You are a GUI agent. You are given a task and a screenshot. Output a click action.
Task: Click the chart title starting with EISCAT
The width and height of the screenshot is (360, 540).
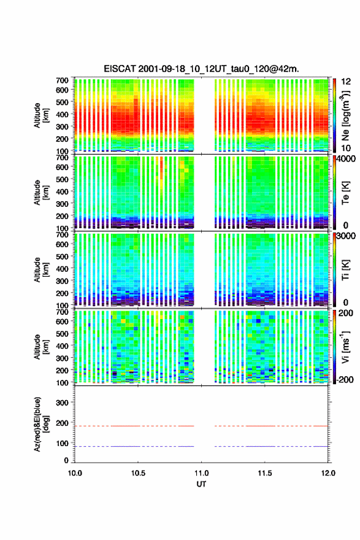[201, 69]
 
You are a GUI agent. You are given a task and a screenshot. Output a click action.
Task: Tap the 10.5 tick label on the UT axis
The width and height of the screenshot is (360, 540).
[138, 473]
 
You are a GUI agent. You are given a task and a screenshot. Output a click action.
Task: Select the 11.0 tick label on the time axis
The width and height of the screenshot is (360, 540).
[201, 473]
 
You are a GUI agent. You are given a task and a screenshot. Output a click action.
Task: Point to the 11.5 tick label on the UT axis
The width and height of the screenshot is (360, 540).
[265, 473]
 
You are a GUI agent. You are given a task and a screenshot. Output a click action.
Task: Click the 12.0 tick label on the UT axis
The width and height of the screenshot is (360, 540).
[328, 473]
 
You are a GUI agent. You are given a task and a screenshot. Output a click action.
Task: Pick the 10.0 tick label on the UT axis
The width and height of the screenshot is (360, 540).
[75, 473]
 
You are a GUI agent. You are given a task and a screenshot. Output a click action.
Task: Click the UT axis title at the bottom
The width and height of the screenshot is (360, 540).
[201, 484]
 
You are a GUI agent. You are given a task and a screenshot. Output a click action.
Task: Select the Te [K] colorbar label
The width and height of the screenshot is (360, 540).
[346, 193]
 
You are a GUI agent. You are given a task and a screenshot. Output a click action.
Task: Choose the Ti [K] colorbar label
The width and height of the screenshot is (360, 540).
[346, 269]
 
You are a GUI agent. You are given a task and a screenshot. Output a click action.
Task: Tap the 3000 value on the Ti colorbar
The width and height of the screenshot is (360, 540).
[346, 236]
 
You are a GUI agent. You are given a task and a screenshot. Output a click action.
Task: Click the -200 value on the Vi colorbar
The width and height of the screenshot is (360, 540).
[345, 379]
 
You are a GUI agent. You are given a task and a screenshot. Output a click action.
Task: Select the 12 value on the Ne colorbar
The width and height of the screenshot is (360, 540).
[346, 81]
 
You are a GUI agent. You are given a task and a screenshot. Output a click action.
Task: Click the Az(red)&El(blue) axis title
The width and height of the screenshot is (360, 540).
[40, 424]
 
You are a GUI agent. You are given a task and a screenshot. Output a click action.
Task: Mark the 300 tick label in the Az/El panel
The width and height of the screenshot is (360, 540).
[62, 403]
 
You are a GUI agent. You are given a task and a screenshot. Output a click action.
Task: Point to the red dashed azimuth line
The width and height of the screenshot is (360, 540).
[201, 426]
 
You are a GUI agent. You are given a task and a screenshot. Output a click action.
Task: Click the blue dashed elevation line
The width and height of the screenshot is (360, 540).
[201, 446]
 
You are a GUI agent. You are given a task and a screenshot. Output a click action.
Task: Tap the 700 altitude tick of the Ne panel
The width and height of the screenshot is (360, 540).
[62, 80]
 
